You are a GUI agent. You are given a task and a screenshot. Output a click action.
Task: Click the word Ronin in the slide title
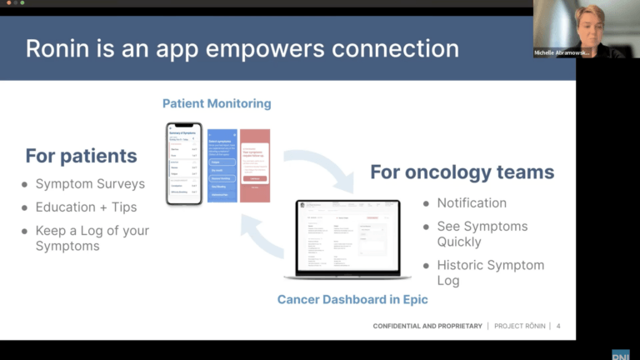pos(56,48)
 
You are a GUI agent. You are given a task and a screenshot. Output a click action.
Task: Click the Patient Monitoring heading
pos(217,104)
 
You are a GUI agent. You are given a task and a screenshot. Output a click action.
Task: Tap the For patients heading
pos(81,156)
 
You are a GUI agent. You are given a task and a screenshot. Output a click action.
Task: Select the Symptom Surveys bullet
pos(89,184)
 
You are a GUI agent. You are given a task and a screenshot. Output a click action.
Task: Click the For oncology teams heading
pos(462,172)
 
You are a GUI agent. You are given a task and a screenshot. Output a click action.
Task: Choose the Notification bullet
pos(471,202)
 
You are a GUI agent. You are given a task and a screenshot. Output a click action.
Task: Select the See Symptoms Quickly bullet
pos(482,234)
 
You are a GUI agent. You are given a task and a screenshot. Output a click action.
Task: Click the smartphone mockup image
pos(184,163)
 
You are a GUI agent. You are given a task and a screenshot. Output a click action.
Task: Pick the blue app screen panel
pos(222,165)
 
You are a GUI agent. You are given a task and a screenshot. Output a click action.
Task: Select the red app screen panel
pos(255,165)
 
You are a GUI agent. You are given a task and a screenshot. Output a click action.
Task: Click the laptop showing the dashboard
pos(347,240)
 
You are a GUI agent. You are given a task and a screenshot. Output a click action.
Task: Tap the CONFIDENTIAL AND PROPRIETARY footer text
pos(427,326)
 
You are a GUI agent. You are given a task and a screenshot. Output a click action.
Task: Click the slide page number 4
pos(557,326)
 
